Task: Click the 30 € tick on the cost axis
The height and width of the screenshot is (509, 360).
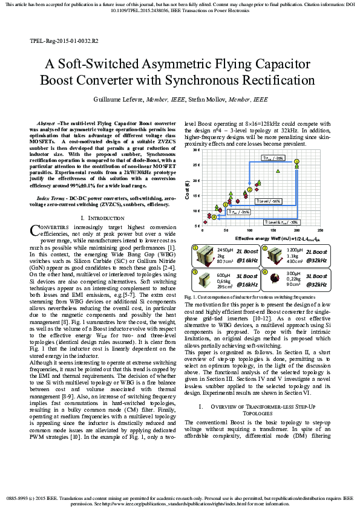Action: (x=197, y=149)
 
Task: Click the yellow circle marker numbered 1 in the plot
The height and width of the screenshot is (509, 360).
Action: (x=296, y=161)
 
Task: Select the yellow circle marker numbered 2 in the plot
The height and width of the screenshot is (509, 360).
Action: (x=249, y=189)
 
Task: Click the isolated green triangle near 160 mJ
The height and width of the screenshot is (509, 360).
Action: (x=278, y=171)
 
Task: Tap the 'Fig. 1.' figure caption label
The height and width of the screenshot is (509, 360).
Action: (x=191, y=297)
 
